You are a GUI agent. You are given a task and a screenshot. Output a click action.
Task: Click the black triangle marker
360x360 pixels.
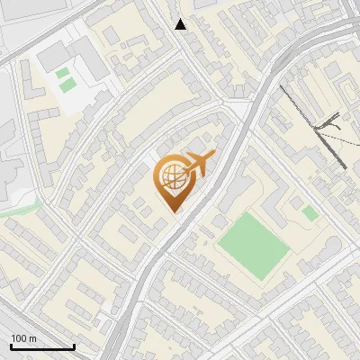point(181,24)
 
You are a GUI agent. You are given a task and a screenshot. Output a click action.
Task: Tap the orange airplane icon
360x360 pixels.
point(199,164)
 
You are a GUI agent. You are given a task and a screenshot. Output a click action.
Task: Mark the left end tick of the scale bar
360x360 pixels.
point(11,346)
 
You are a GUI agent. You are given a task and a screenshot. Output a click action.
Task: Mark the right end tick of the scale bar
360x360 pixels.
point(73,346)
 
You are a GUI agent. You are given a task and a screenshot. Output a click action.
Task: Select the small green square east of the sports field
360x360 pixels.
point(310,213)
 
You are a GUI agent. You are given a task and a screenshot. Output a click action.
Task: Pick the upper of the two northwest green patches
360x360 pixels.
point(61,73)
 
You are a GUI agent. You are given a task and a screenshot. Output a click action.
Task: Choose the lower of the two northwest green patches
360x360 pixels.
point(67,85)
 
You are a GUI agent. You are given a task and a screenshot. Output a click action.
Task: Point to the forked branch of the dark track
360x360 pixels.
point(329,126)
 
